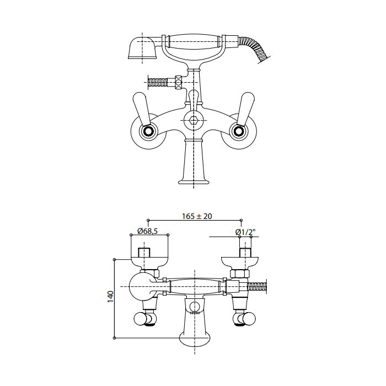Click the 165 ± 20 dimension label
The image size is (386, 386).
click(x=197, y=216)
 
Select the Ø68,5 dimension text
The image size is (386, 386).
click(x=147, y=231)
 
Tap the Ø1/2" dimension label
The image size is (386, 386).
click(x=245, y=232)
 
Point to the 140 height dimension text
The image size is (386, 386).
click(x=110, y=297)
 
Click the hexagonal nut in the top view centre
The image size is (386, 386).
click(x=194, y=121)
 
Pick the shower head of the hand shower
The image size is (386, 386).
click(x=142, y=48)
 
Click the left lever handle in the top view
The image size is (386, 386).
click(x=142, y=108)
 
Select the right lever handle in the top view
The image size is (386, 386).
click(x=245, y=108)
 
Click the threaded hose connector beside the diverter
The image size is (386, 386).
click(x=157, y=81)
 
